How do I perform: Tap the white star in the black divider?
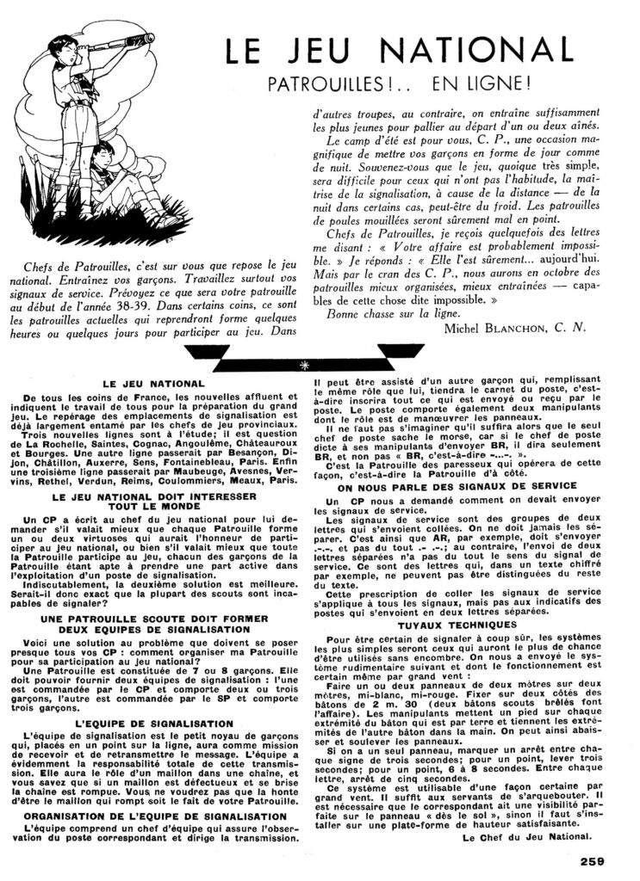pos(302,365)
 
